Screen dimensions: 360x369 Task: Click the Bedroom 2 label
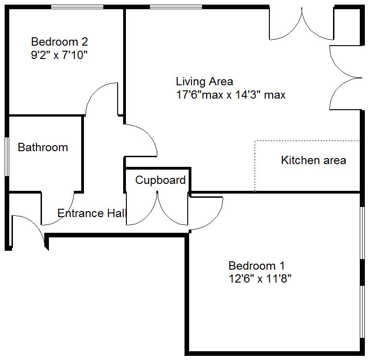pyautogui.click(x=59, y=42)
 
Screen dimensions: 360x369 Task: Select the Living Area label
pyautogui.click(x=204, y=82)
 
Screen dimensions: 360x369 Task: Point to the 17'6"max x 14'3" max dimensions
pyautogui.click(x=231, y=95)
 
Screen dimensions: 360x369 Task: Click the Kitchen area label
pyautogui.click(x=313, y=160)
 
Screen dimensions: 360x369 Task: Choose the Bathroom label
pyautogui.click(x=43, y=148)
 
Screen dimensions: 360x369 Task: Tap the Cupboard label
pyautogui.click(x=160, y=180)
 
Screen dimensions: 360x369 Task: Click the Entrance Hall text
pyautogui.click(x=92, y=213)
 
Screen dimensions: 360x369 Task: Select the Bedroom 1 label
pyautogui.click(x=256, y=266)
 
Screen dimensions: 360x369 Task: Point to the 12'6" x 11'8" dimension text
pyautogui.click(x=260, y=279)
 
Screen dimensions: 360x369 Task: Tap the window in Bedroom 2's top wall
pyautogui.click(x=77, y=6)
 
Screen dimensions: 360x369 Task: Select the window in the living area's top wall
pyautogui.click(x=176, y=6)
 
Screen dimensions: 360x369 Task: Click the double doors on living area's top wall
pyautogui.click(x=301, y=25)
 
